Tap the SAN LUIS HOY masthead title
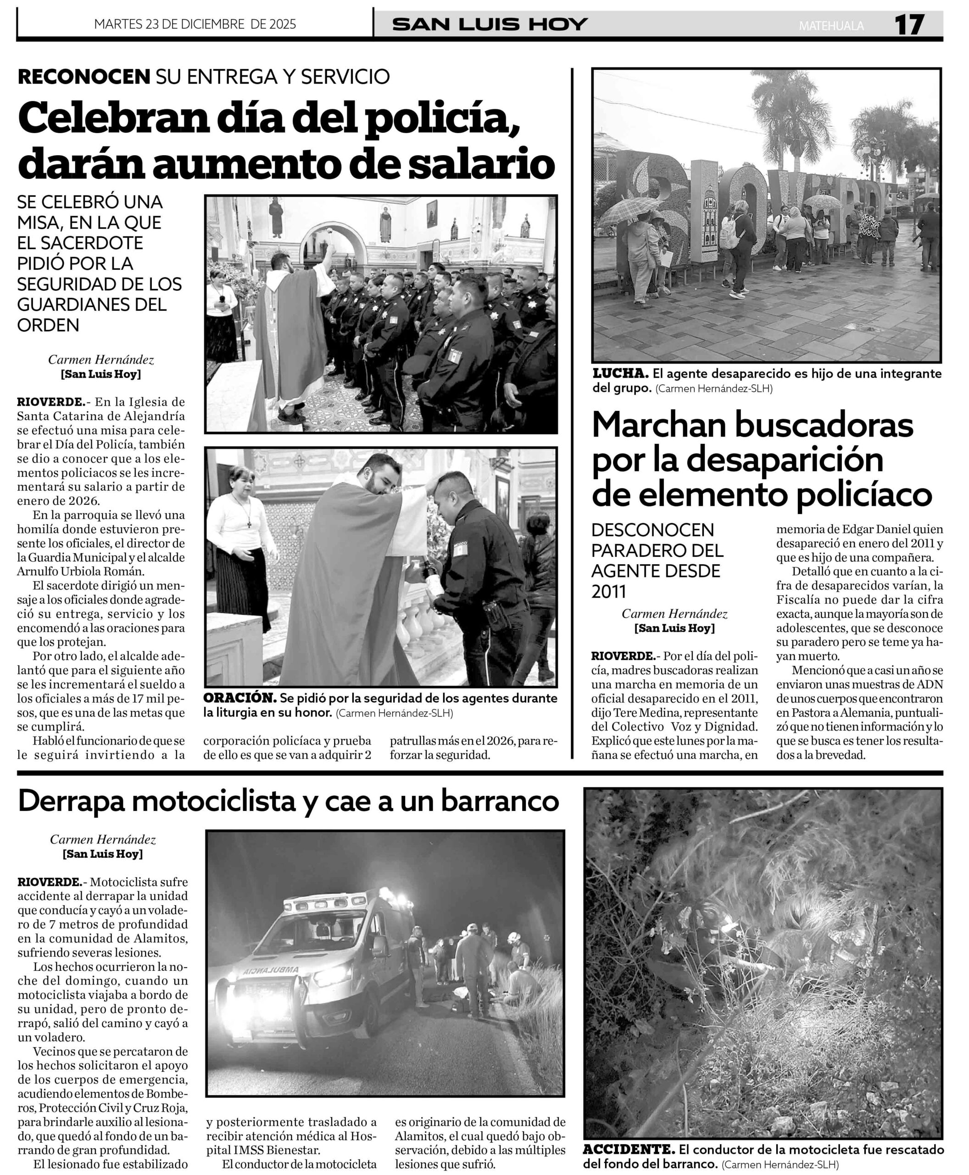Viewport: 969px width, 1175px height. [490, 25]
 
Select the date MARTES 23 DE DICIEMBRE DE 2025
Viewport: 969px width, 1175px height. [195, 24]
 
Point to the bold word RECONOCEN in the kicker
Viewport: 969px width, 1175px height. [84, 77]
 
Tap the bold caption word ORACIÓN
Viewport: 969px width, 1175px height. [239, 698]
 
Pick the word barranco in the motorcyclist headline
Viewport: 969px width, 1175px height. [500, 801]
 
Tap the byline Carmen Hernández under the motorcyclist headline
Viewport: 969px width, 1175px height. [103, 839]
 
